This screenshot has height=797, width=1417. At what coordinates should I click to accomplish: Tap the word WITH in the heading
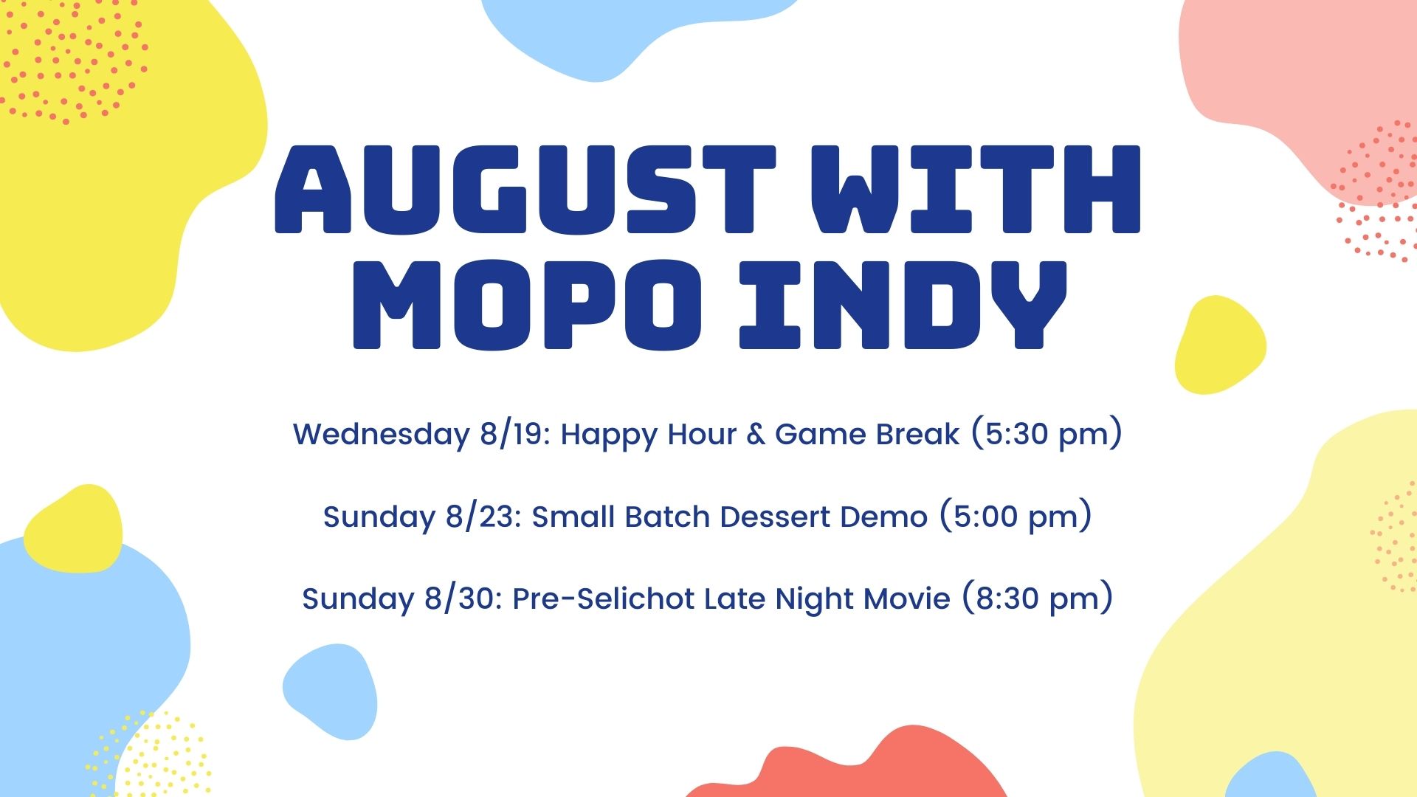click(x=976, y=189)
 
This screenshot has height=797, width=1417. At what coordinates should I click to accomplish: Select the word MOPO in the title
click(x=527, y=305)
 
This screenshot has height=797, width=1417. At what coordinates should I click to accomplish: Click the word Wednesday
click(x=381, y=434)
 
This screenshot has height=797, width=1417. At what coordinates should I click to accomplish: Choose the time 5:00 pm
click(x=1016, y=517)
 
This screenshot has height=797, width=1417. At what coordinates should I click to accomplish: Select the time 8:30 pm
click(x=1038, y=598)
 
